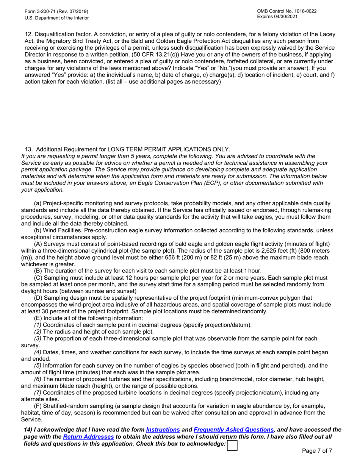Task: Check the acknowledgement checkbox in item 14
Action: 232,445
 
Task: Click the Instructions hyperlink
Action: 163,430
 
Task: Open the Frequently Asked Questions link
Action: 233,430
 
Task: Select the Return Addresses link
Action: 88,437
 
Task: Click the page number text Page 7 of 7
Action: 317,451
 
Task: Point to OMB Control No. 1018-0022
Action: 286,11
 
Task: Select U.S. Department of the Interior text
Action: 57,18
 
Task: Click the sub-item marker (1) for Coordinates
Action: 38,325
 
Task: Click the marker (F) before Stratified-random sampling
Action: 38,406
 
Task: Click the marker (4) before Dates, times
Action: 38,352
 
